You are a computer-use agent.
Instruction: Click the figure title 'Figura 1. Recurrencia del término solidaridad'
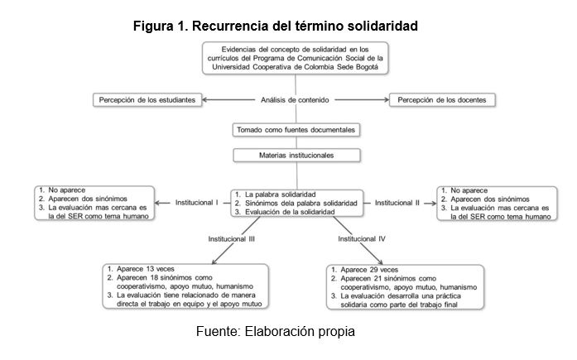pyautogui.click(x=275, y=26)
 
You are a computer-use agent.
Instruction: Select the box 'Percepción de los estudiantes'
pyautogui.click(x=147, y=100)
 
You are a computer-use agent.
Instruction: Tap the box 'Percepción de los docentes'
pyautogui.click(x=442, y=100)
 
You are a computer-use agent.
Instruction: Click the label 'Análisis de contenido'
pyautogui.click(x=295, y=100)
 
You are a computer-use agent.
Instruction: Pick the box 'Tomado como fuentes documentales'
pyautogui.click(x=296, y=130)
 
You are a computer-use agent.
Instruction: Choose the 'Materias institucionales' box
pyautogui.click(x=296, y=156)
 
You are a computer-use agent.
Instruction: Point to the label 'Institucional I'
pyautogui.click(x=196, y=203)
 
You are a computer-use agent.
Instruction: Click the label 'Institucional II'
pyautogui.click(x=397, y=203)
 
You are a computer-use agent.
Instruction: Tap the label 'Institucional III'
pyautogui.click(x=232, y=239)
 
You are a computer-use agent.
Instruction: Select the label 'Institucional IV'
pyautogui.click(x=362, y=239)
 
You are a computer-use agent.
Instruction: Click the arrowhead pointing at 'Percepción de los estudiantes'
pyautogui.click(x=204, y=99)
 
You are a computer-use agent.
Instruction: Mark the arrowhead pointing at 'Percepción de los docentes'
pyautogui.click(x=387, y=99)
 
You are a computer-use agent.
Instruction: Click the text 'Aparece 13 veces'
pyautogui.click(x=146, y=269)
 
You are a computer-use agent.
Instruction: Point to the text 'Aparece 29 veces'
pyautogui.click(x=369, y=270)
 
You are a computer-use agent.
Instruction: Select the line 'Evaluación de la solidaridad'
pyautogui.click(x=290, y=212)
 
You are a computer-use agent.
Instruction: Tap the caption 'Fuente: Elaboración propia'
pyautogui.click(x=275, y=331)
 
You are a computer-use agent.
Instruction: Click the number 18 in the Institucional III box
pyautogui.click(x=154, y=277)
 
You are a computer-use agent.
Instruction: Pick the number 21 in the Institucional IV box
pyautogui.click(x=377, y=278)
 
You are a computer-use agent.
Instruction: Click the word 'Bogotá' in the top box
pyautogui.click(x=366, y=67)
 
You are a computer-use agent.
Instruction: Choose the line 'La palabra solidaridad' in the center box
pyautogui.click(x=281, y=194)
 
